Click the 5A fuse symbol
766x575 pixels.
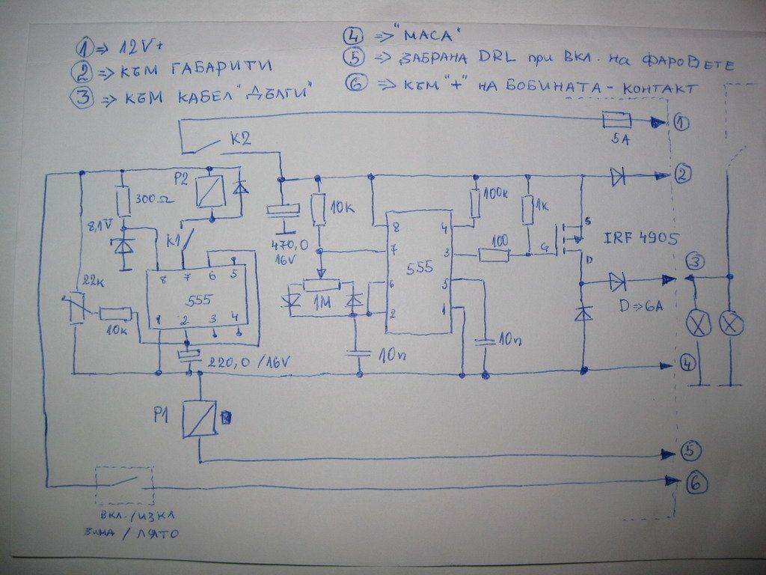point(616,120)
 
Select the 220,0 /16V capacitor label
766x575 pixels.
point(248,362)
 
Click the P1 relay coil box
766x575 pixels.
point(200,418)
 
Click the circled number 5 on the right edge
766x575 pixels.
point(689,451)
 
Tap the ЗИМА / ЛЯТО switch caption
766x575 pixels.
point(132,533)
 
